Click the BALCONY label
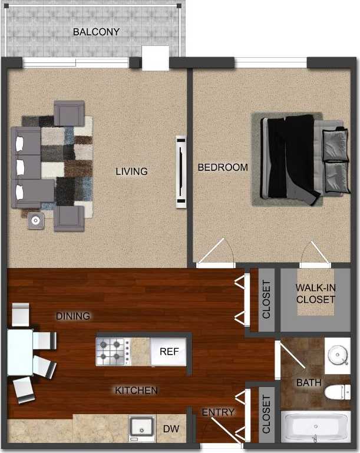[x=96, y=31]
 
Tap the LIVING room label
[x=131, y=171]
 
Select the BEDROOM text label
[x=223, y=167]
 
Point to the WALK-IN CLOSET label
[x=315, y=293]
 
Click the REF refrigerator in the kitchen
[x=169, y=352]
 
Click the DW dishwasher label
[x=171, y=429]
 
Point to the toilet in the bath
[x=338, y=391]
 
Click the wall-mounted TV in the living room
[x=181, y=171]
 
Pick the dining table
[x=19, y=352]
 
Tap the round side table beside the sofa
[x=37, y=220]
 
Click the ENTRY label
[x=218, y=412]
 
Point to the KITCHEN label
[x=136, y=390]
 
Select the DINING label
[x=73, y=316]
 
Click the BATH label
[x=309, y=383]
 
